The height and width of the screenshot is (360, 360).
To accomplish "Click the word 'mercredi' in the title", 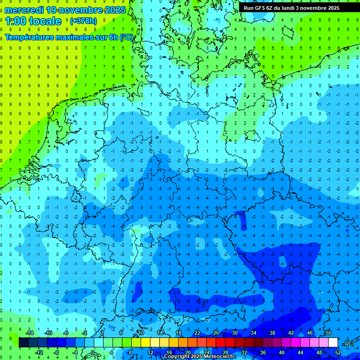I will point(22,10).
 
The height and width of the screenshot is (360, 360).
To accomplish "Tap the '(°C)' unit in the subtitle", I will point(126,37).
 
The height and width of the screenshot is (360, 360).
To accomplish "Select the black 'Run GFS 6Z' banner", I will point(298,8).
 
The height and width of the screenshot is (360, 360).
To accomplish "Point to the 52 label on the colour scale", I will point(338,352).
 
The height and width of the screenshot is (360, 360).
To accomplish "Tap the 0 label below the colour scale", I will point(93,352).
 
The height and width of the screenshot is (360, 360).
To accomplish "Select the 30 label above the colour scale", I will point(234,333).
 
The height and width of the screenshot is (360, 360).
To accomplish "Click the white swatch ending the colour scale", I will point(333,343).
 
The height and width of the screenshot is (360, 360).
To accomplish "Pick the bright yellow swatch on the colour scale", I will point(146,343).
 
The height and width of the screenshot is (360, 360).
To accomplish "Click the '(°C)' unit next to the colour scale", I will point(349,343).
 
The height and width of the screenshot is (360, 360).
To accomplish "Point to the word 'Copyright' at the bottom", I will point(177,357).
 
